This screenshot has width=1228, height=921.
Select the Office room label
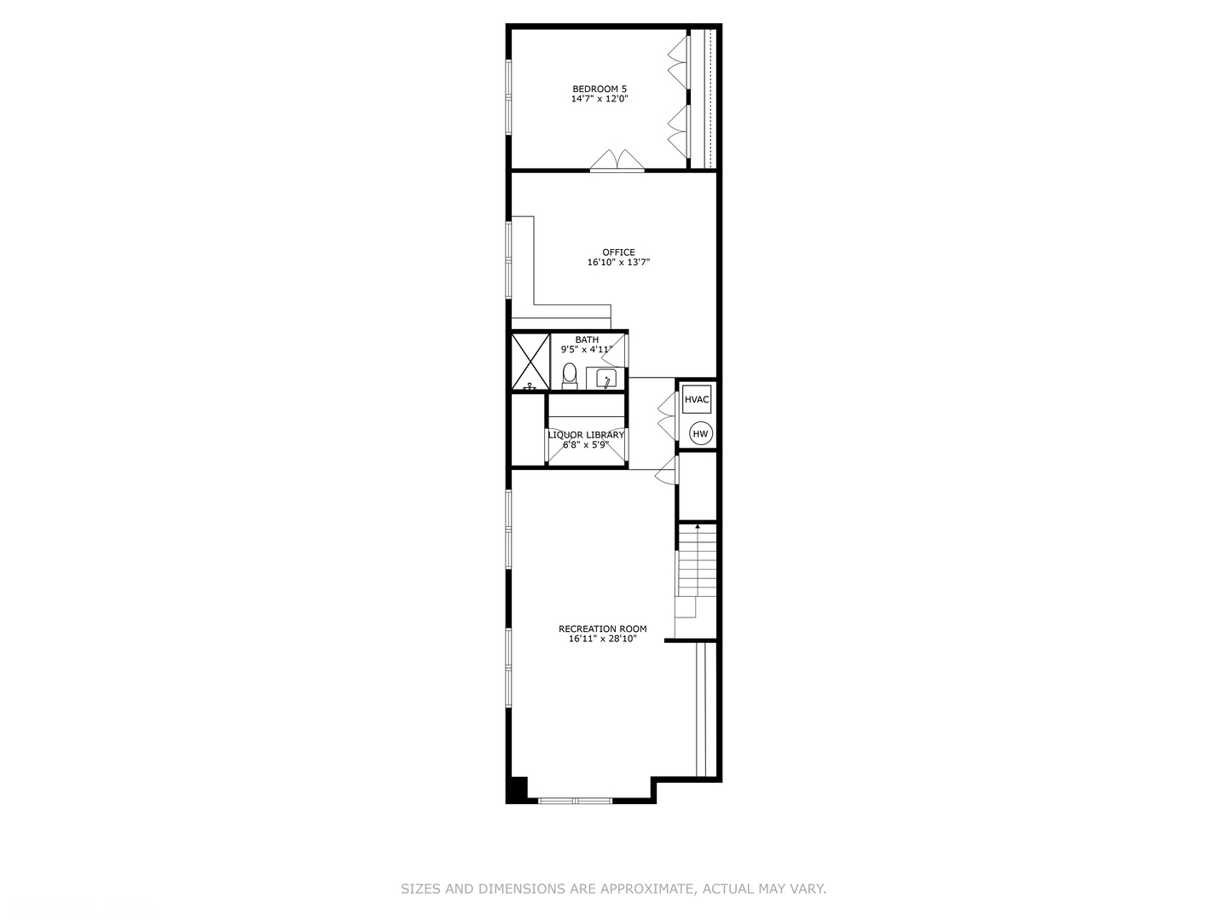point(618,252)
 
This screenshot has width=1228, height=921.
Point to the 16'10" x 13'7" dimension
point(618,263)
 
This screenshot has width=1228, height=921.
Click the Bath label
point(587,339)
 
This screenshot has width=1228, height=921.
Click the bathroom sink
point(605,379)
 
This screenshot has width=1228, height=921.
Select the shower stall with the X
point(530,362)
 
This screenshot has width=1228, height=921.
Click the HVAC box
point(697,399)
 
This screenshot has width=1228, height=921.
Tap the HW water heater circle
point(700,434)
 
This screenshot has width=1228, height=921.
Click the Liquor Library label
point(586,435)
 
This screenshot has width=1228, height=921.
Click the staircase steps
point(697,563)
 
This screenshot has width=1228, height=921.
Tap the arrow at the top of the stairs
point(698,526)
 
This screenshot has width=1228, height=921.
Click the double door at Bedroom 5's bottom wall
point(617,162)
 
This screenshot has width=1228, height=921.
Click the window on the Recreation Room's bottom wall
point(575,801)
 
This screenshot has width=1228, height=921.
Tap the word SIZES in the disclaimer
point(420,889)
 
